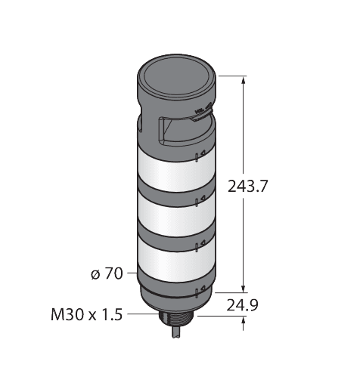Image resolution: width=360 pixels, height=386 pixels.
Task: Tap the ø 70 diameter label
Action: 106,274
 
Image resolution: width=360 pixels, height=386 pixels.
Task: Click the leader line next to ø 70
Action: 130,274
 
